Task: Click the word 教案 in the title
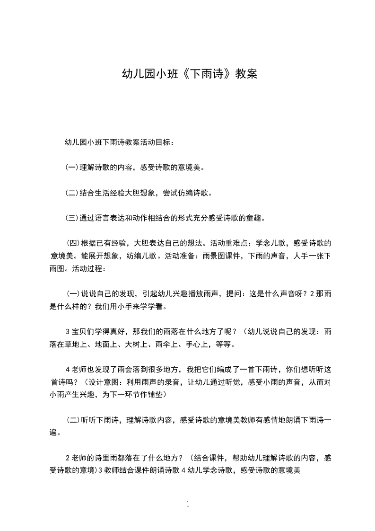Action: [246, 74]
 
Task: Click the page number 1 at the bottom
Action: [188, 504]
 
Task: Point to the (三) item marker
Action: [72, 218]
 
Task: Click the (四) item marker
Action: [75, 244]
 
